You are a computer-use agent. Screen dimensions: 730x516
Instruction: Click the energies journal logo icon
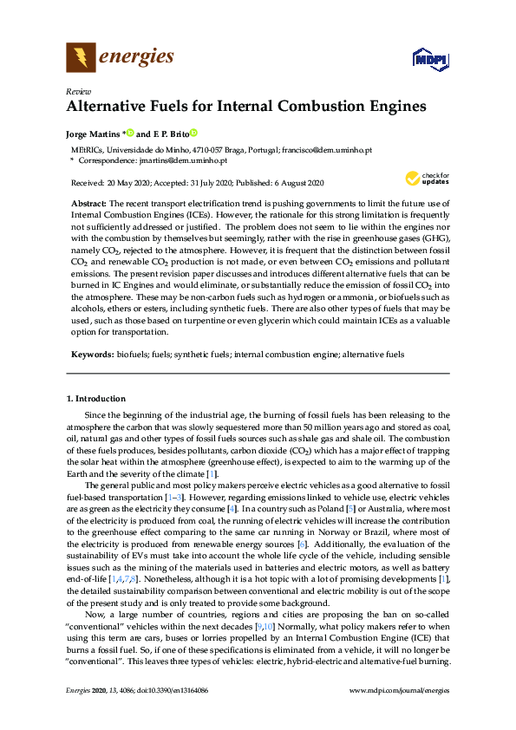(81, 58)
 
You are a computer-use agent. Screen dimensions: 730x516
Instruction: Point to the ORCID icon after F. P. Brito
(194, 134)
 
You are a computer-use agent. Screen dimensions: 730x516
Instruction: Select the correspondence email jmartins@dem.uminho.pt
(184, 160)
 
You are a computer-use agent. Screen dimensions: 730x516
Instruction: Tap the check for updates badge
(424, 179)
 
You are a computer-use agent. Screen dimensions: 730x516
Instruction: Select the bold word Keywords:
(92, 355)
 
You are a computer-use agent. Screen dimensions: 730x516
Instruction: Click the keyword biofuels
(132, 355)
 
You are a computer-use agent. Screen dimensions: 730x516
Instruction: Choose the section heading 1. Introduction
(96, 399)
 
